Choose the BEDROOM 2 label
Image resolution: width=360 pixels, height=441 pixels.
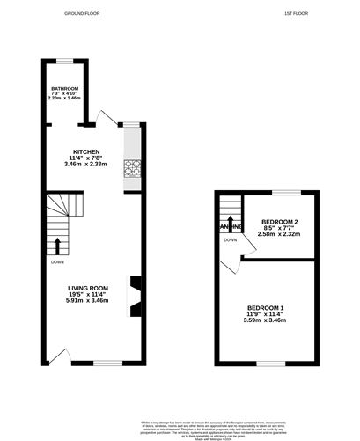pos(281,221)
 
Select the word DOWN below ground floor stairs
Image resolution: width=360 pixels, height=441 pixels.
pos(56,261)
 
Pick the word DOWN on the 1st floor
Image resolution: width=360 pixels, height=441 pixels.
pos(230,240)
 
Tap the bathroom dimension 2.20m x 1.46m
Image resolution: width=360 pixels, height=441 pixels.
pos(64,99)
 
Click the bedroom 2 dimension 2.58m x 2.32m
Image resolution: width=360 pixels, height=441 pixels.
pos(281,234)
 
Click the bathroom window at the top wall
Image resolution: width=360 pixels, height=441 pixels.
pos(64,59)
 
